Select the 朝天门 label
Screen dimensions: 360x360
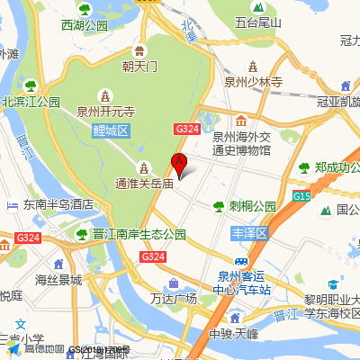[140, 66]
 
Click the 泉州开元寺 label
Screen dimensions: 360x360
[105, 112]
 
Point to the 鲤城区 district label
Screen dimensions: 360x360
[112, 131]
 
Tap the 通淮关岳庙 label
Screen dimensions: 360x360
[143, 183]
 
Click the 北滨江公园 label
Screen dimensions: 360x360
[31, 102]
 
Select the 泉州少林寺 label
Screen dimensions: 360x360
[254, 81]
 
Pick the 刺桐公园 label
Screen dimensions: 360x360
[252, 205]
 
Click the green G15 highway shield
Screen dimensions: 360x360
[301, 195]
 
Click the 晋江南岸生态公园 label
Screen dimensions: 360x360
[139, 234]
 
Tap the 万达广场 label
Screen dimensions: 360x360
[174, 298]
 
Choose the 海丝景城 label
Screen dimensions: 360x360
[58, 280]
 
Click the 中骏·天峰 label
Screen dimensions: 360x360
[232, 335]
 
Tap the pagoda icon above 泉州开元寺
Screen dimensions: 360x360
[106, 94]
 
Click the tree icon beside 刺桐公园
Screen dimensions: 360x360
[219, 206]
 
